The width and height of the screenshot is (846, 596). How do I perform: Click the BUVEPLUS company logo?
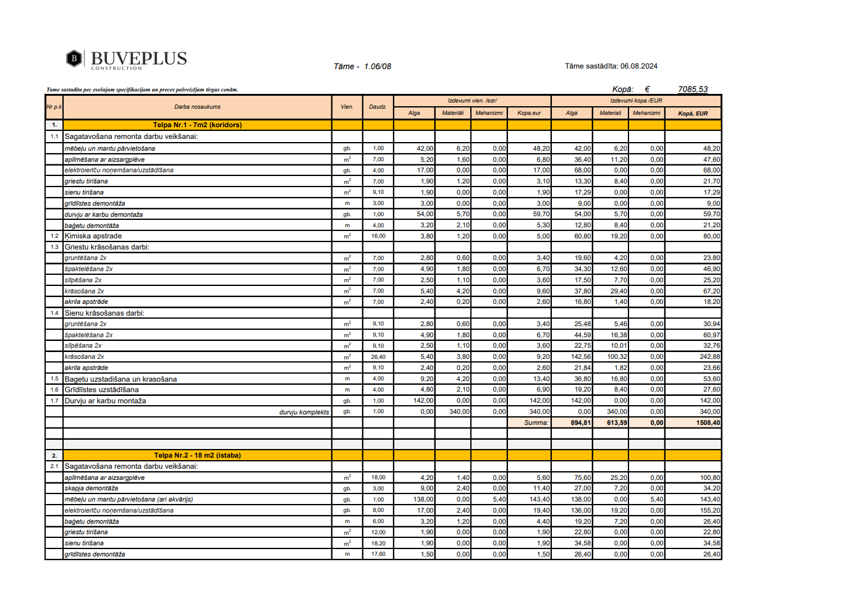coord(127,59)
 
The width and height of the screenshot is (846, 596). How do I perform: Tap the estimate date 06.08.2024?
coord(638,66)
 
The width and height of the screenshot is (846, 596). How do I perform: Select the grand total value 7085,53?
coord(692,89)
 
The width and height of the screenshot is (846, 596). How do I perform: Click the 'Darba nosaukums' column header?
coord(197,107)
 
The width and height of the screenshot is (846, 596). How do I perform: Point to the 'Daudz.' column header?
coord(378,107)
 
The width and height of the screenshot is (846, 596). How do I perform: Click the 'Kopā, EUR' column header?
coord(693,114)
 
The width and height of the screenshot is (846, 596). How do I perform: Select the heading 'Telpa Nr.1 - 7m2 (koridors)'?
coord(197,125)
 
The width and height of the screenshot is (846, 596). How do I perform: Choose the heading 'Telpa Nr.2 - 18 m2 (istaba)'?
coord(197,455)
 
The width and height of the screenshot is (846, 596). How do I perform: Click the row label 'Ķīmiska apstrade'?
coord(93,236)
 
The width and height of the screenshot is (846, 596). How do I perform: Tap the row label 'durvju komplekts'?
coord(304,412)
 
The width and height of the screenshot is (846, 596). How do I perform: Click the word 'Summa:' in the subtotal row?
coord(536,423)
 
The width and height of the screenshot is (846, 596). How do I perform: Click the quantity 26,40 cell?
coord(378,357)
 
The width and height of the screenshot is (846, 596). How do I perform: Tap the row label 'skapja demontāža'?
coord(91,489)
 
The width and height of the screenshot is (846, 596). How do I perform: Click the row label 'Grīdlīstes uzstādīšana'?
coord(101,390)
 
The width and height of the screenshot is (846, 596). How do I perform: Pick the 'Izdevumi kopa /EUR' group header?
coord(636,101)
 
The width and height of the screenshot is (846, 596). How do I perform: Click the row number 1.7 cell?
coord(54,401)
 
